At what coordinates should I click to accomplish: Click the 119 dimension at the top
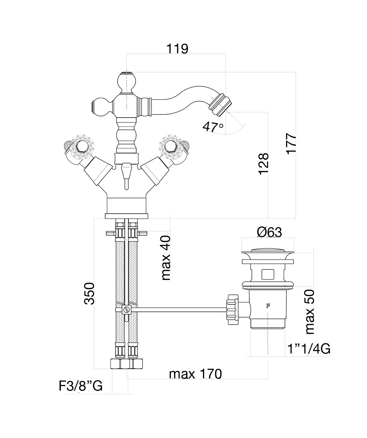point(177,49)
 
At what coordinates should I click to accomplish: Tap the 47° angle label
point(213,127)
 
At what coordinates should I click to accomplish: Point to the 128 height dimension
point(263,164)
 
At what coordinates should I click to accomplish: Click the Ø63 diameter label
point(269,232)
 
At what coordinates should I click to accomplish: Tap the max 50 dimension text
point(310,311)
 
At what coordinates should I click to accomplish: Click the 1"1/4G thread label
point(309,349)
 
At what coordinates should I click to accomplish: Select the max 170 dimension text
point(195,374)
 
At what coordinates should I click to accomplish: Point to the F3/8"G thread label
point(81,386)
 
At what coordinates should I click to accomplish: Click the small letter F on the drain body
point(268,306)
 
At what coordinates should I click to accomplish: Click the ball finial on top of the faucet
point(127,82)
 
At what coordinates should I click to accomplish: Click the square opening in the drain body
point(268,275)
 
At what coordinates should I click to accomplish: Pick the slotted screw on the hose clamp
point(127,310)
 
